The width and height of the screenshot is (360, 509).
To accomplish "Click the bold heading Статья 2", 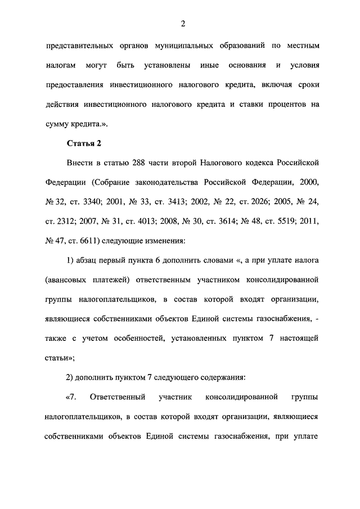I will point(84,143).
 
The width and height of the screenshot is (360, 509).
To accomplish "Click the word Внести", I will point(81,163).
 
